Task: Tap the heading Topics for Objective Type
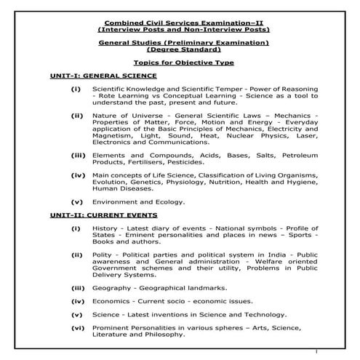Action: (180, 64)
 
